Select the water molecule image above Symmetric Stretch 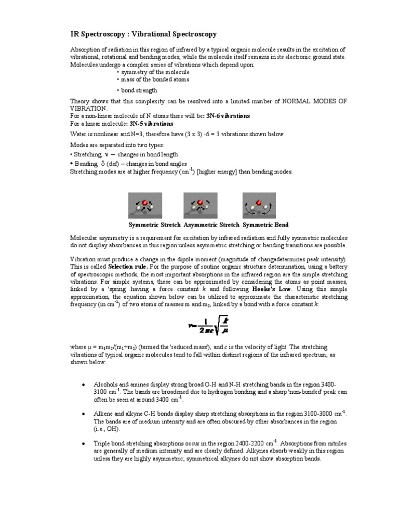(145, 205)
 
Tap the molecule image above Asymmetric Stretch (200, 205)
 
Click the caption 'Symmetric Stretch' (154, 225)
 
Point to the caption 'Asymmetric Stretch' (212, 225)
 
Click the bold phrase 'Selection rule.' (128, 265)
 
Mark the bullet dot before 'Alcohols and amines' (84, 383)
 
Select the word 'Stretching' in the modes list (88, 154)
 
